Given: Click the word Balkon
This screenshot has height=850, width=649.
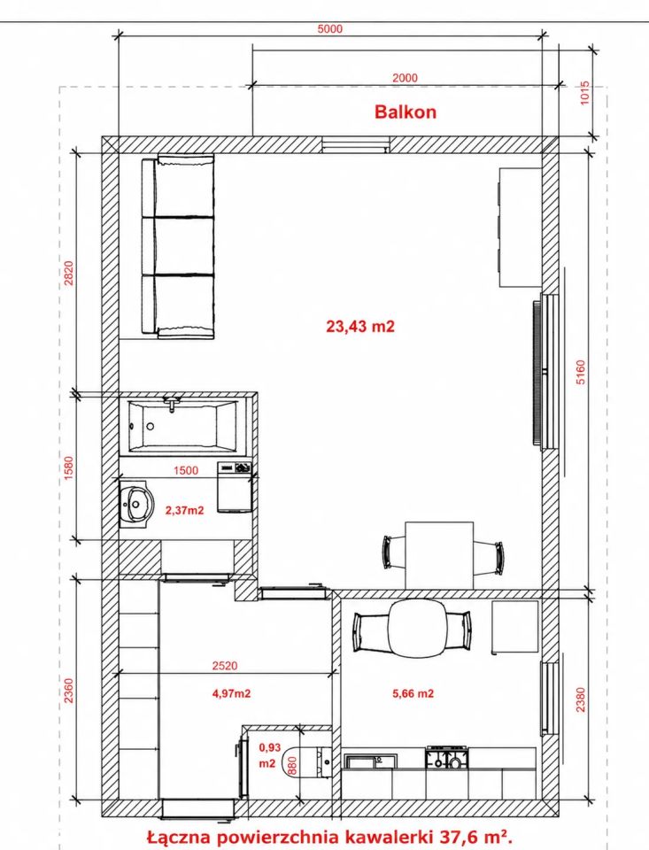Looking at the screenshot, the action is coord(405,112).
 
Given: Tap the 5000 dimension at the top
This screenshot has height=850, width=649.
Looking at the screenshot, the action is coord(329,28).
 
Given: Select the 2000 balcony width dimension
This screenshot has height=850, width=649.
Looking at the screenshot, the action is coord(405,78).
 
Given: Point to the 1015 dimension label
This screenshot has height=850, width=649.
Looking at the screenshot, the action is coord(584,93).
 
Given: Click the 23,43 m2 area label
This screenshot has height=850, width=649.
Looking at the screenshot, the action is coord(360,327).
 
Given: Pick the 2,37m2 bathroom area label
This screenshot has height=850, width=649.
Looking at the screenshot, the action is coord(184,510).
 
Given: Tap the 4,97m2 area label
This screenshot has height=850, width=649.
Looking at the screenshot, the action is coord(231,693).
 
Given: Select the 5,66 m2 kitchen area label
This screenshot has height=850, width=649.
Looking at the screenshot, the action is coord(413,693).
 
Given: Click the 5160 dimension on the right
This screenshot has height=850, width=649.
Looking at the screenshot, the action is coord(580,372).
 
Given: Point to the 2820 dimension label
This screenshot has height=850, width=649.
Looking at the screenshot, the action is coord(68,274).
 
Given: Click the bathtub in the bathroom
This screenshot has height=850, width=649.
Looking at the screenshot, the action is coord(182,426).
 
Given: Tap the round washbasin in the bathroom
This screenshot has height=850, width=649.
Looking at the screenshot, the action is coord(136,503).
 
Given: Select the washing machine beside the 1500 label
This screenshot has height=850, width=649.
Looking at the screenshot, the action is coord(235,487).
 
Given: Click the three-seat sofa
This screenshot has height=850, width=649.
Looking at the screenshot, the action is coord(178,247).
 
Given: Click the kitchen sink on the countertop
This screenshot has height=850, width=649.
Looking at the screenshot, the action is coord(370,761).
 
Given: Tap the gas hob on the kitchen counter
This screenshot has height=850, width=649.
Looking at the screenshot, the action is coord(447,758).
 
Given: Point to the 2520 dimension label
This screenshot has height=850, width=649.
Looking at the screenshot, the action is coord(225,666).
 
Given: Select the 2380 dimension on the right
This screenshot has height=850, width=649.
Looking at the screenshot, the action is coord(580,699).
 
